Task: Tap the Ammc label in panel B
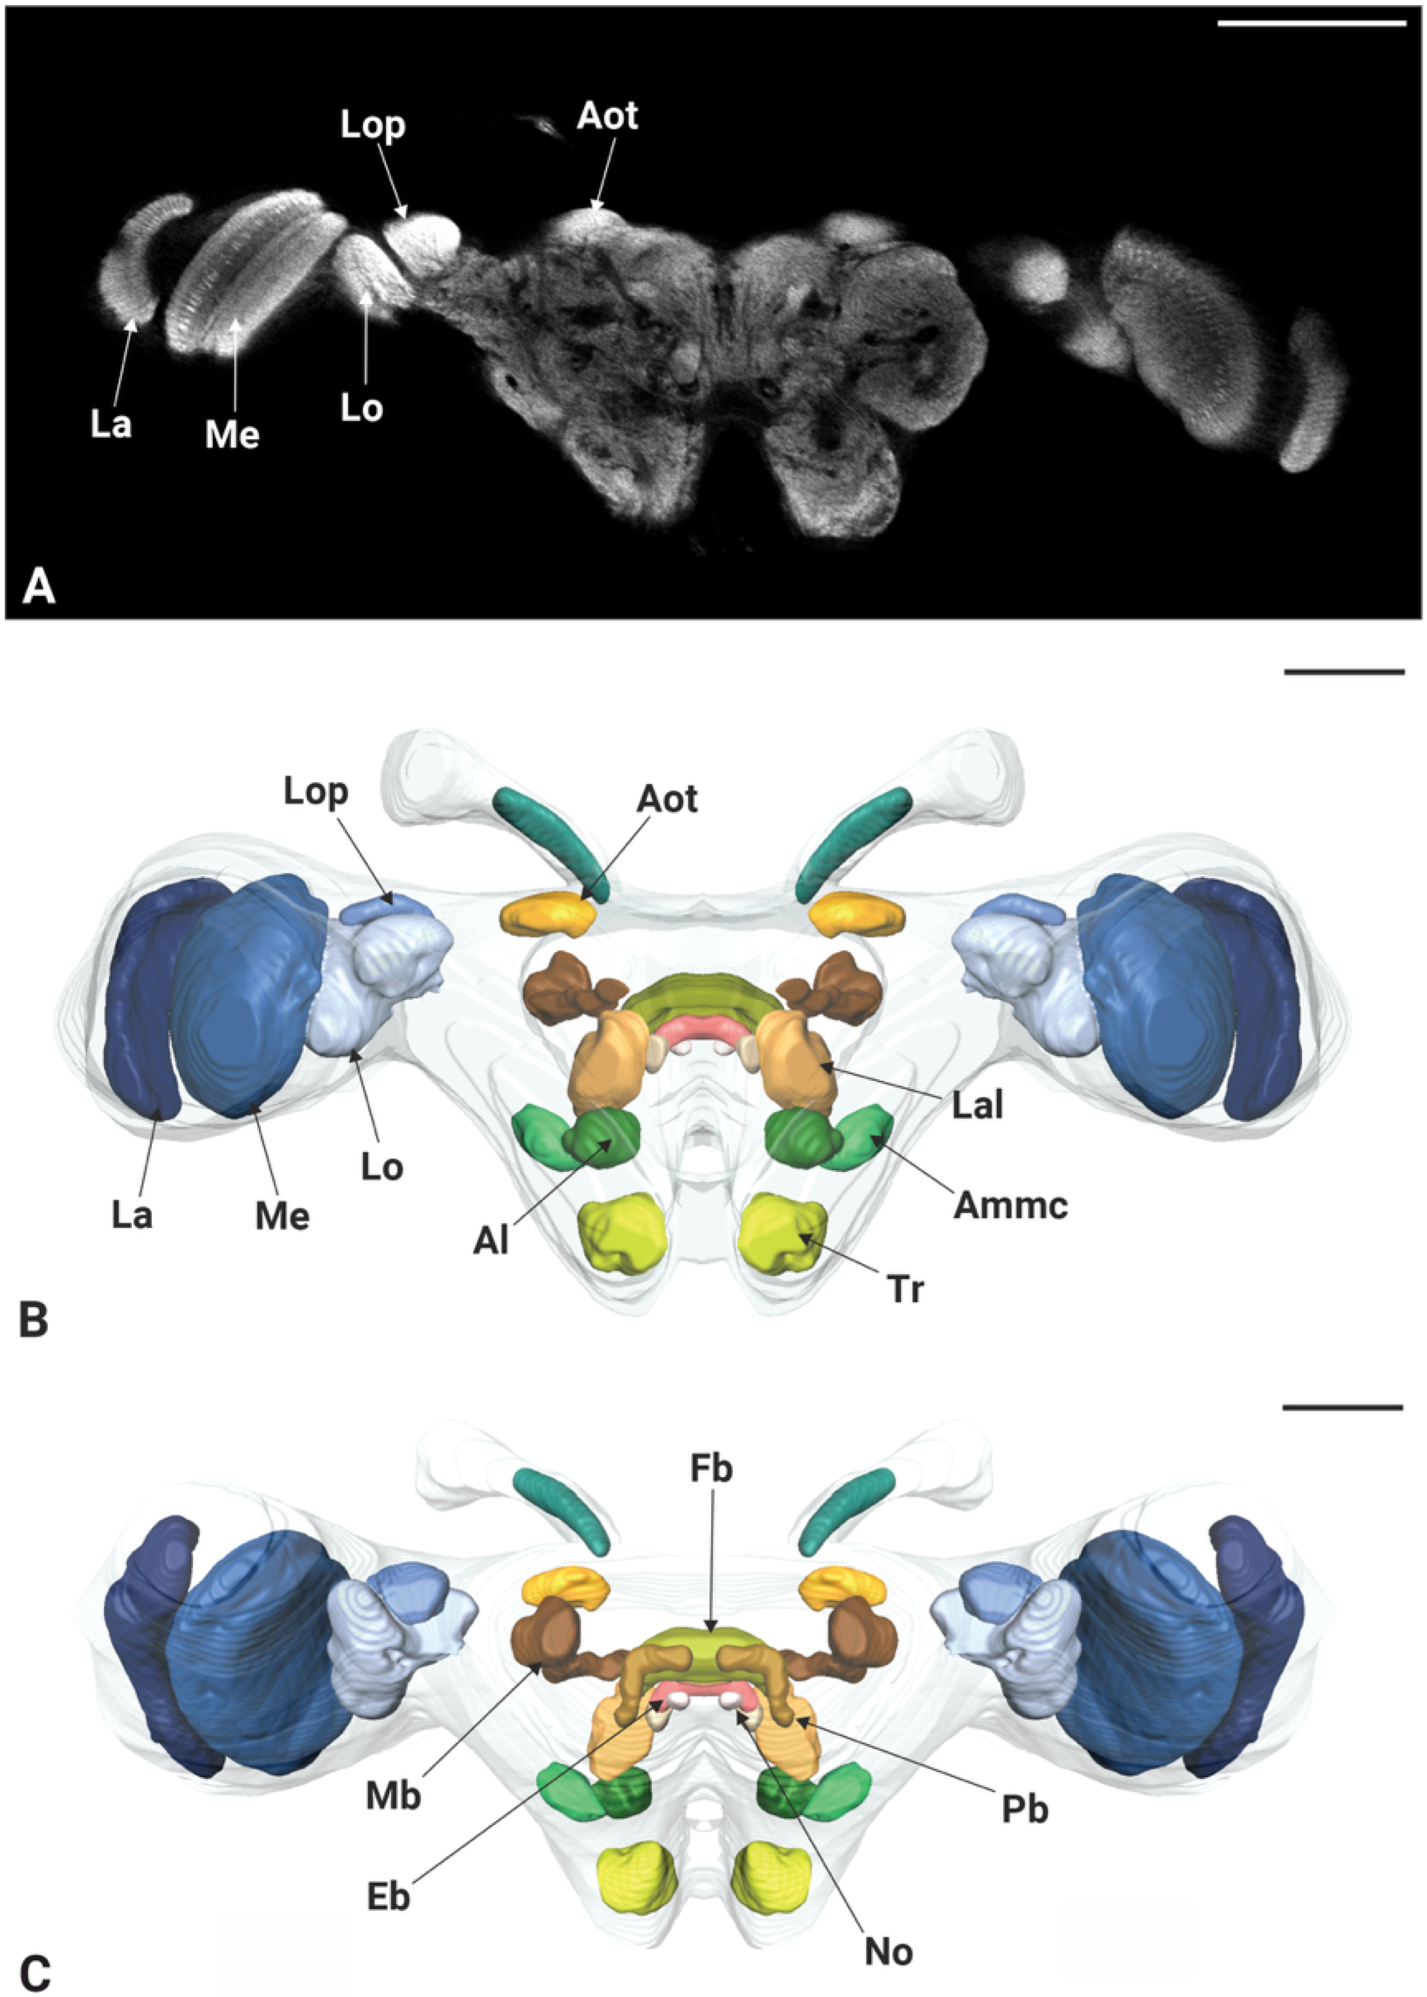pyautogui.click(x=1010, y=1204)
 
